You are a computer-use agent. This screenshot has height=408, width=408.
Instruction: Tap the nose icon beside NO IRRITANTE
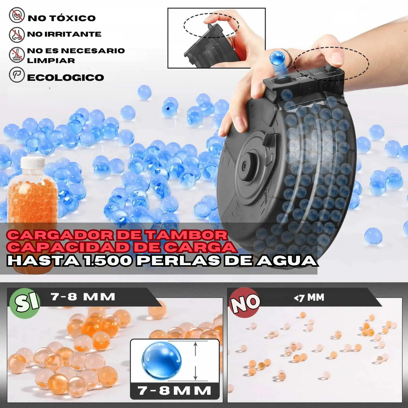[17, 34]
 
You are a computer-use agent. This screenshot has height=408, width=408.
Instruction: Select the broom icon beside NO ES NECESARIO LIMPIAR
[17, 55]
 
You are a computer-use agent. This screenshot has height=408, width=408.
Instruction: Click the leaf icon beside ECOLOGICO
[17, 75]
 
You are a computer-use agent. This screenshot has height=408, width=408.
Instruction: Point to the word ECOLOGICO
[65, 78]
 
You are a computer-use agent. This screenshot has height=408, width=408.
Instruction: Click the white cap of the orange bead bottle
[32, 163]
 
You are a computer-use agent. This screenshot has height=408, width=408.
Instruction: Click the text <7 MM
[309, 298]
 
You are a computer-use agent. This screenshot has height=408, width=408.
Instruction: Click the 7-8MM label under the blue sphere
[175, 390]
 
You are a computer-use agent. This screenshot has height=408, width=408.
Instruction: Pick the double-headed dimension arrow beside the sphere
[195, 361]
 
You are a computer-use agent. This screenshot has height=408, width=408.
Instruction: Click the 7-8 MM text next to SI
[83, 297]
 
